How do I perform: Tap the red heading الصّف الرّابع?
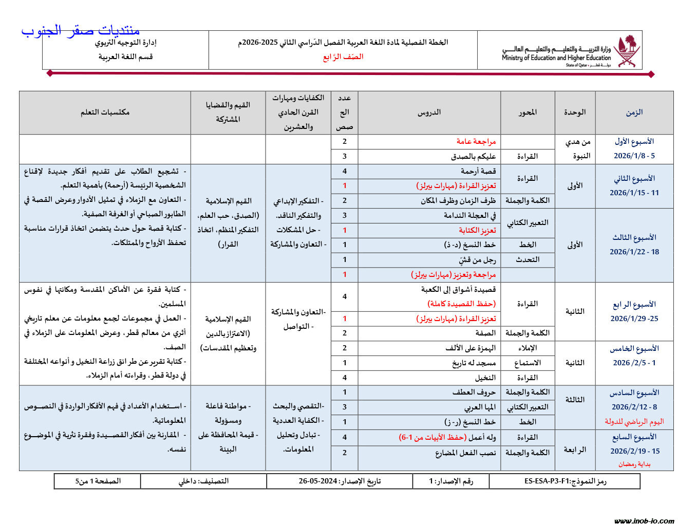343,57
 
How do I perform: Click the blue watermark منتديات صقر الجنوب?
81,31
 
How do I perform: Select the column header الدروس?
429,112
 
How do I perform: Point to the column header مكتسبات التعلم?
105,112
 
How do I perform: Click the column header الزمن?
634,112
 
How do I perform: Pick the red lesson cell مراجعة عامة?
476,141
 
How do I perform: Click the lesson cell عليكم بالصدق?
473,156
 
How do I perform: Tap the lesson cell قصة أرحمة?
478,171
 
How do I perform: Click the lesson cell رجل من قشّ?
474,259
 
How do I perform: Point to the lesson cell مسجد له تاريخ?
474,363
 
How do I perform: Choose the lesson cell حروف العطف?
474,392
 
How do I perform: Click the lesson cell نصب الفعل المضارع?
465,453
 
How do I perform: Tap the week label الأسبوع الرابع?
634,304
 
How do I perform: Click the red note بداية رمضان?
634,464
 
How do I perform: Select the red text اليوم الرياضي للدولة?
634,422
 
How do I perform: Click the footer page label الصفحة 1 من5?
98,481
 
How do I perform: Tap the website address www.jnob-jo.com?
644,520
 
